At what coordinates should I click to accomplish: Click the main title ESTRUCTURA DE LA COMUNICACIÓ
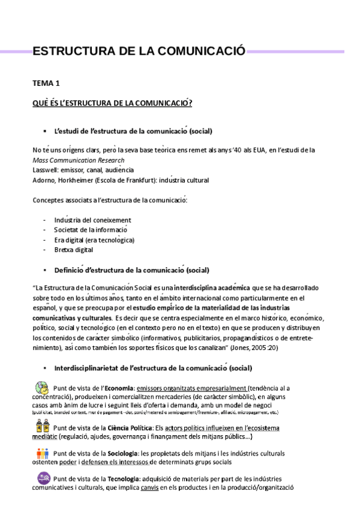point(139,52)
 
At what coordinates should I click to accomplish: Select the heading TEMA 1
point(46,84)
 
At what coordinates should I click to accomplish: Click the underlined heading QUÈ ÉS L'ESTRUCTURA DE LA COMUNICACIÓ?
point(112,103)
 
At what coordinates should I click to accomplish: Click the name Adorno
point(44,179)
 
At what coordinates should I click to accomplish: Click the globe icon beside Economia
point(41,388)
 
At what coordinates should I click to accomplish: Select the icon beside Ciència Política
point(41,427)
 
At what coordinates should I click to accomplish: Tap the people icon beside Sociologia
point(41,453)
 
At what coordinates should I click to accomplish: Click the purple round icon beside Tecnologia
point(41,478)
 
